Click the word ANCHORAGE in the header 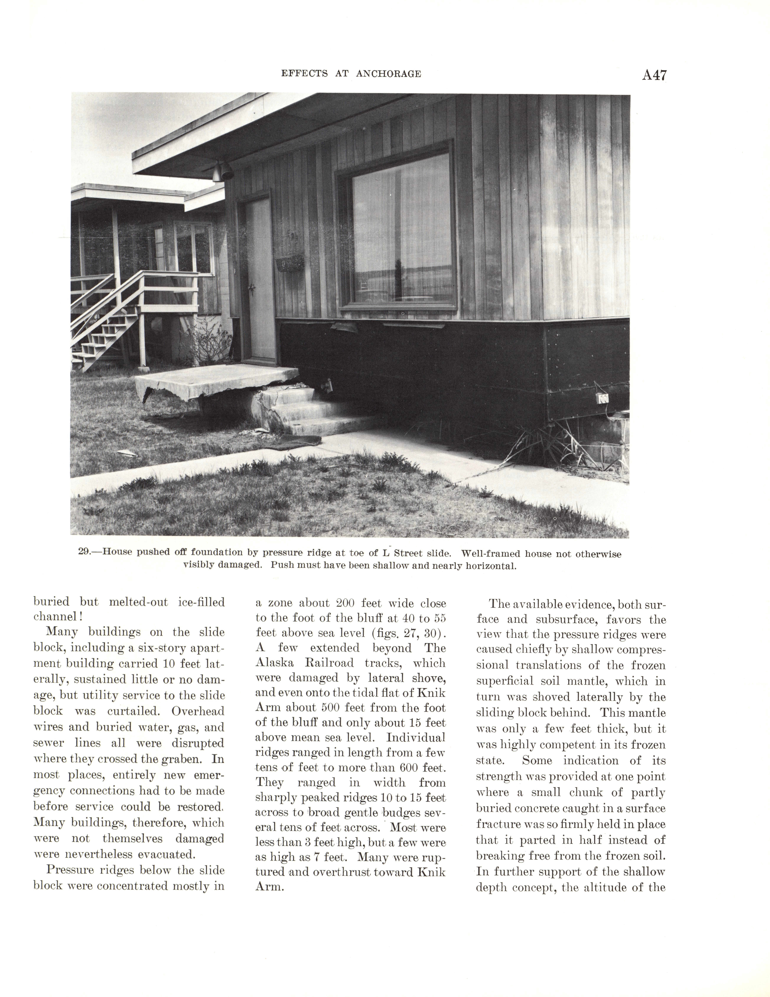[x=388, y=74]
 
